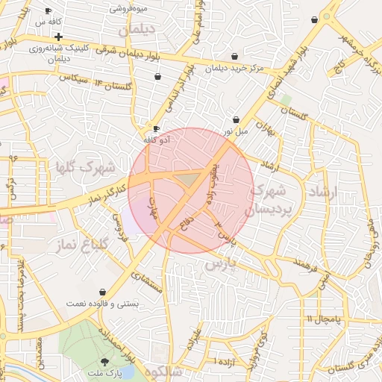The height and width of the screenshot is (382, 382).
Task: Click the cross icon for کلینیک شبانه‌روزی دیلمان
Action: tap(58, 37)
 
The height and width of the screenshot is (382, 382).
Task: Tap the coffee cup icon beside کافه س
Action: tap(48, 11)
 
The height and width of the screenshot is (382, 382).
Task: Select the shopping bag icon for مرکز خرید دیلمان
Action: tap(235, 56)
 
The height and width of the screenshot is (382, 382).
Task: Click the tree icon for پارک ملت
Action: tap(114, 361)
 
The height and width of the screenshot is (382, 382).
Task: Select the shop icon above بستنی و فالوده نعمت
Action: tap(101, 292)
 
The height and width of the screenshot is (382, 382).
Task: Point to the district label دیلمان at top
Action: tap(138, 31)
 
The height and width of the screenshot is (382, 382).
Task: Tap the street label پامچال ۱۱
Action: tap(323, 319)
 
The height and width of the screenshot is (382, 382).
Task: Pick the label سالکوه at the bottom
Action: tap(163, 371)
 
